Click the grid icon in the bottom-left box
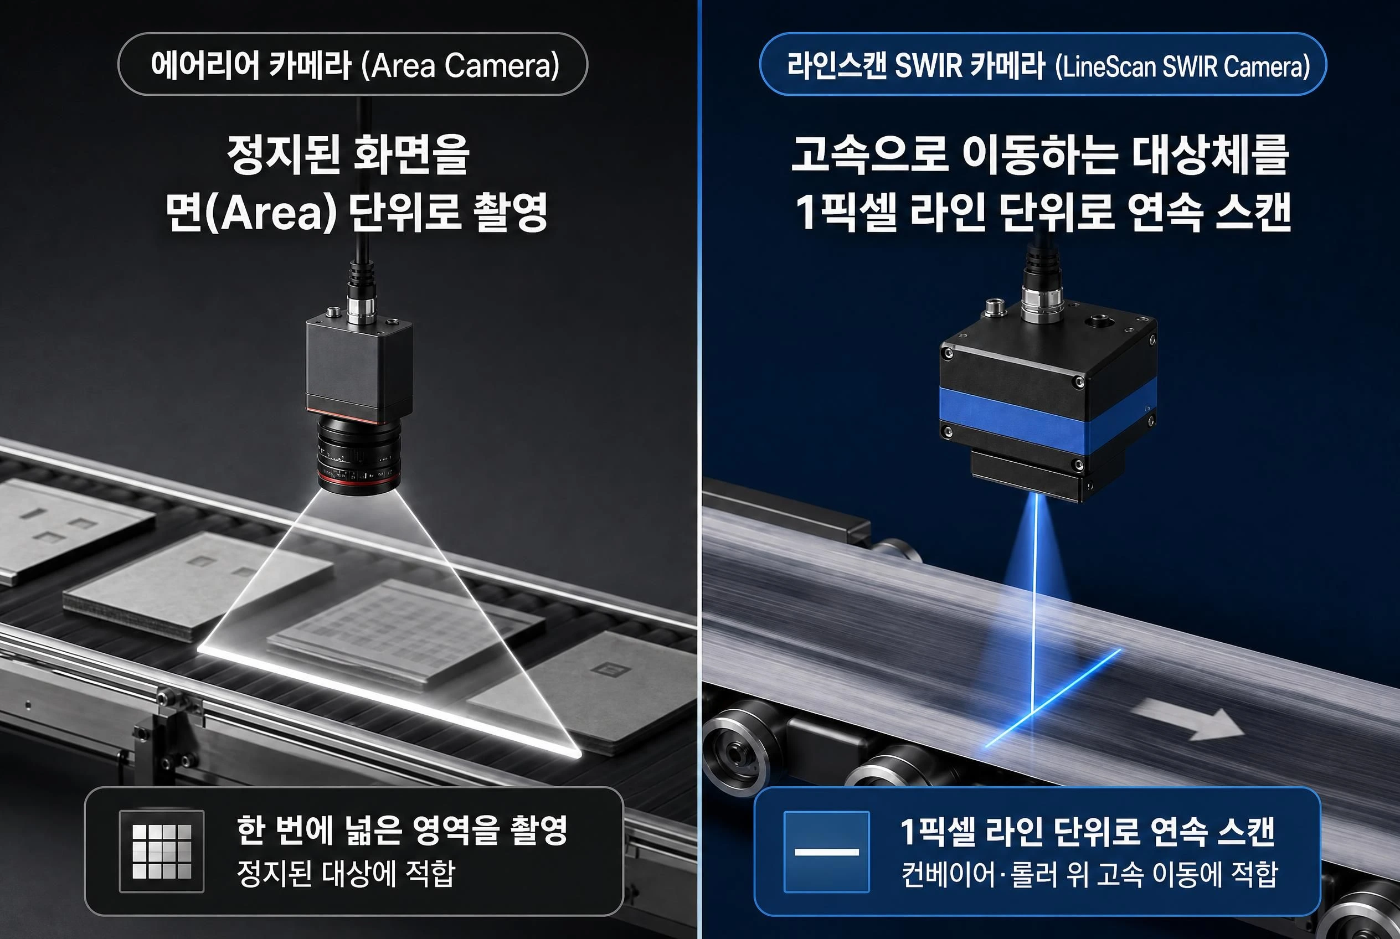coord(162,851)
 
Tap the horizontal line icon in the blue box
coord(826,851)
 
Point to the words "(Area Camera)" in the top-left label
coord(460,65)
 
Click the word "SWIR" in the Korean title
coord(928,65)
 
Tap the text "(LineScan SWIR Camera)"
coord(1182,66)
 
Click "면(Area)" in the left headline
coord(251,213)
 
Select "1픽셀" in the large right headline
coord(846,211)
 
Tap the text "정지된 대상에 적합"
coord(346,874)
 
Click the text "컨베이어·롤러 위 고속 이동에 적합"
coord(1089,874)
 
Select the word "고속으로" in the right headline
coord(869,155)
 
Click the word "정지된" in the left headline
coord(284,154)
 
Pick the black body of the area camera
coord(359,369)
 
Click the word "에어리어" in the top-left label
coord(205,65)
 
